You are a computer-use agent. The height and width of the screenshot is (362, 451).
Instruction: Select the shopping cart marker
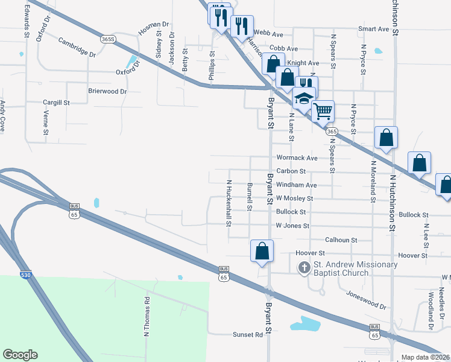pyautogui.click(x=323, y=110)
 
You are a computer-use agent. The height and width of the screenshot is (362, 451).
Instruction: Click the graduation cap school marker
pyautogui.click(x=304, y=98)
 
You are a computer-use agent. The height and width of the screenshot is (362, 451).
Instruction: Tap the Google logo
pyautogui.click(x=20, y=355)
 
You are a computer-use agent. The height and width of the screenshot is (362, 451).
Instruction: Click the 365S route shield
pyautogui.click(x=109, y=39)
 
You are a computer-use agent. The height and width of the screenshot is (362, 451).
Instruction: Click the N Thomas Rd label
pyautogui.click(x=147, y=316)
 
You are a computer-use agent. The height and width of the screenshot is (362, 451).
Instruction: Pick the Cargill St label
pyautogui.click(x=56, y=103)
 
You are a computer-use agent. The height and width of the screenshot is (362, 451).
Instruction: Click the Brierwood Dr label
pyautogui.click(x=107, y=91)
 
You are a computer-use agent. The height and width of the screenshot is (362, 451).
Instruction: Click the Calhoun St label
pyautogui.click(x=341, y=240)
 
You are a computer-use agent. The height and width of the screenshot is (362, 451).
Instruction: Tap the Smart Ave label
pyautogui.click(x=373, y=29)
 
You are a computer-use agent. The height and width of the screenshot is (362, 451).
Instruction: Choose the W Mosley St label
pyautogui.click(x=294, y=198)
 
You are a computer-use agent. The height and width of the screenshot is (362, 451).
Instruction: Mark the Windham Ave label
pyautogui.click(x=296, y=185)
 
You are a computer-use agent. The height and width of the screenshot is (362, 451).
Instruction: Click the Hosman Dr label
pyautogui.click(x=153, y=27)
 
